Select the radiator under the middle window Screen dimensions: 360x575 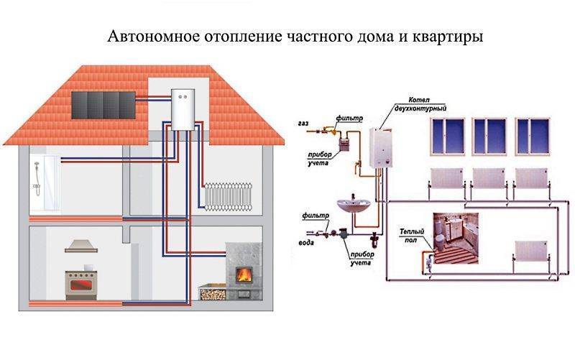(x=491, y=178)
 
